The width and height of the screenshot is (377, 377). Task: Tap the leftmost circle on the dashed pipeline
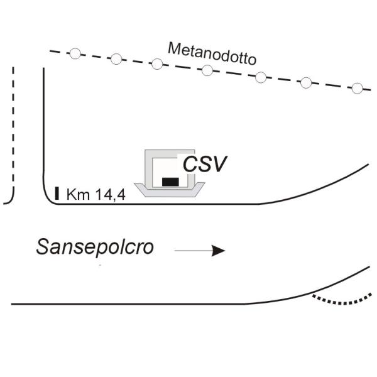click(x=75, y=53)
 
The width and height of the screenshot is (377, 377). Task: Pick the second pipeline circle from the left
click(x=116, y=59)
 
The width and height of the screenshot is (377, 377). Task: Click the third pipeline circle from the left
click(x=157, y=63)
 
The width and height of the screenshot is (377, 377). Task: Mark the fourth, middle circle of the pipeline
click(x=207, y=70)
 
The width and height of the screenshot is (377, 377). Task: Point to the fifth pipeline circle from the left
click(x=261, y=77)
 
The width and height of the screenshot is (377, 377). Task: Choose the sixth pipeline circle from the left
click(x=307, y=82)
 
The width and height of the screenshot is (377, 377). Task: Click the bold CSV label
click(x=204, y=165)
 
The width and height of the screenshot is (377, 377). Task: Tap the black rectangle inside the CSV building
click(x=170, y=182)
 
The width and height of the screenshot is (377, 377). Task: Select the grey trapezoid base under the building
click(x=170, y=192)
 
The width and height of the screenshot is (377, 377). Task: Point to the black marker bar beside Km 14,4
click(x=57, y=193)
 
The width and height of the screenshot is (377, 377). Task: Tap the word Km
click(x=77, y=195)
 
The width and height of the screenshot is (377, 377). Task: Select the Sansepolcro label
click(x=94, y=247)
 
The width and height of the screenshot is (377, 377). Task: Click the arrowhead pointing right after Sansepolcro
click(x=218, y=251)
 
